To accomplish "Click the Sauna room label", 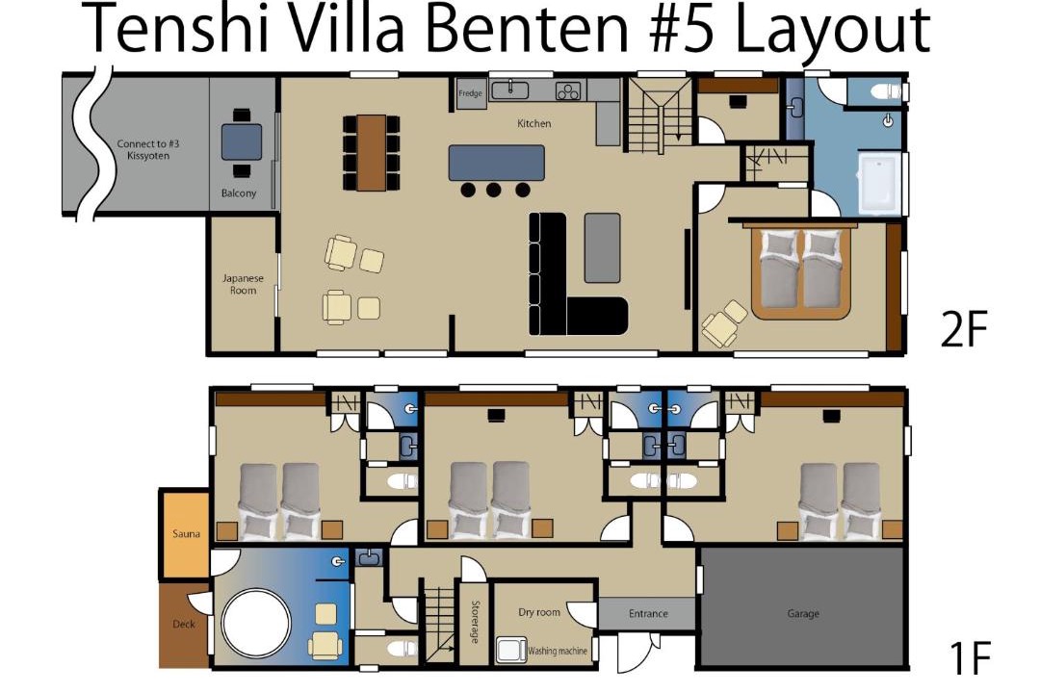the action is (186, 533).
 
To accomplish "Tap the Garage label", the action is (802, 613).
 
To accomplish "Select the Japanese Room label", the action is (243, 284).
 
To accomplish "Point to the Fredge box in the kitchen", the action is (470, 92).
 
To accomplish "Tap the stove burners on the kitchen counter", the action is (568, 90).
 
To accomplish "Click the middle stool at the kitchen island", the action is (493, 190).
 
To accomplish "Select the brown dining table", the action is (372, 152).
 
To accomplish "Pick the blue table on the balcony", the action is (242, 141).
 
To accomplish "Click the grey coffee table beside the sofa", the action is (602, 247).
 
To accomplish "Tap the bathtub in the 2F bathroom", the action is (879, 184).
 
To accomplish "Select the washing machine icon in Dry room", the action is (511, 650).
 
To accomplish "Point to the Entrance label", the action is (648, 613).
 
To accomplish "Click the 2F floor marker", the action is (964, 329).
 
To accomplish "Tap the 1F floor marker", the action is (970, 657).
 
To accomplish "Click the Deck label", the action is (184, 624).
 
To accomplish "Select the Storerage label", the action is (475, 622).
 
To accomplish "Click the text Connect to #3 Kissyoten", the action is (148, 149).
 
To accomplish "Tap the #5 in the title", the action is (688, 28).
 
